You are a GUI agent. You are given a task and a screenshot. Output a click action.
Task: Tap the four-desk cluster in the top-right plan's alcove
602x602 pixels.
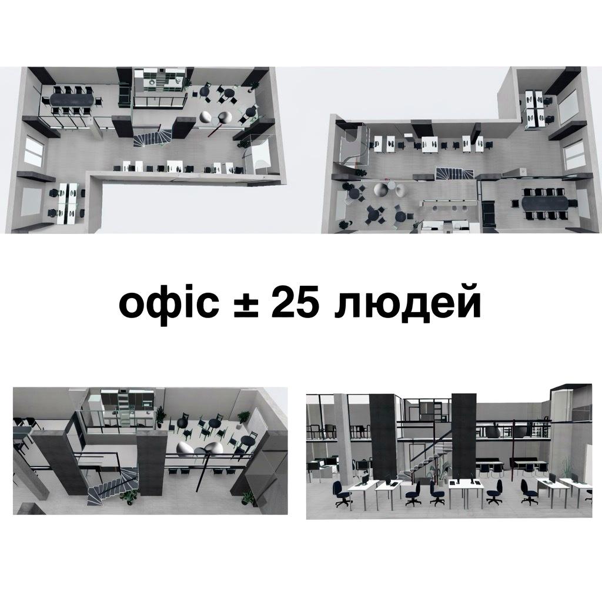[x=536, y=107]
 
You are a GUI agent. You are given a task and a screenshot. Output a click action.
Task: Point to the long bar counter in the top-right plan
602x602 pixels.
[x=447, y=203]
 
